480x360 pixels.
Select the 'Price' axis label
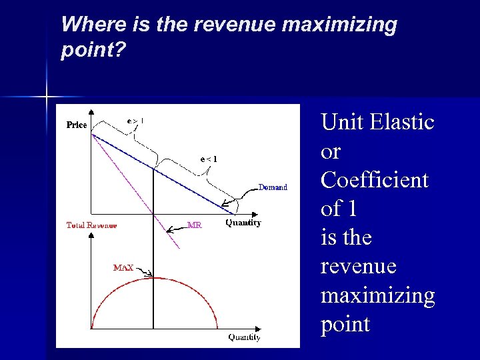pos(77,125)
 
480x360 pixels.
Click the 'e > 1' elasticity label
pos(135,121)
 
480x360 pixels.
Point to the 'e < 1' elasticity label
pos(209,159)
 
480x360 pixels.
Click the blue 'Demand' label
pos(273,187)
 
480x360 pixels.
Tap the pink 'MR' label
pos(194,225)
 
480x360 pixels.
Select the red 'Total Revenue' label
pos(91,225)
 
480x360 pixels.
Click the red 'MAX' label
pos(123,268)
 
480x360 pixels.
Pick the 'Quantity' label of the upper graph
pos(243,223)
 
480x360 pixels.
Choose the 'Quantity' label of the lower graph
pos(244,337)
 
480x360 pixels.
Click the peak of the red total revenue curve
pos(153,277)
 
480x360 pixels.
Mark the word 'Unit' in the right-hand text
pos(341,122)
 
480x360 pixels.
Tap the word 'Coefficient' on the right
pos(374,180)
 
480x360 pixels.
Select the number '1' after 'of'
pos(353,209)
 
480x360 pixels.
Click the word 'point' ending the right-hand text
pos(345,325)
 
